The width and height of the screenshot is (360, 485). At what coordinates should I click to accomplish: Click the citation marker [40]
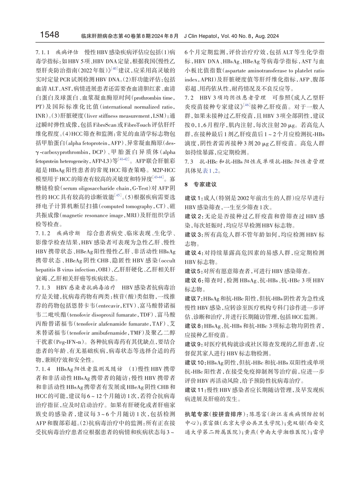coord(114,68)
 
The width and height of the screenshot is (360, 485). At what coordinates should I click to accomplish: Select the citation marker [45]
coord(118,195)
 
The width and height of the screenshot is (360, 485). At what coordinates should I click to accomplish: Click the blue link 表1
coord(206,171)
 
